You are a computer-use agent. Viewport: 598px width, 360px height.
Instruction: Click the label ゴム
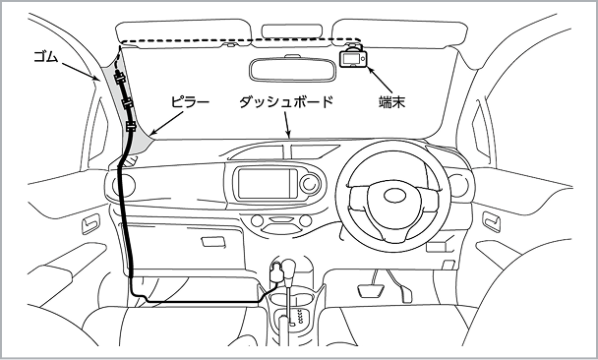pyautogui.click(x=46, y=57)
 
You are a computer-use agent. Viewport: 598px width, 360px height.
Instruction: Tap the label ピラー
pyautogui.click(x=190, y=102)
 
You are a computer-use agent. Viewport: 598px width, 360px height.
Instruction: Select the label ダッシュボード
pyautogui.click(x=286, y=102)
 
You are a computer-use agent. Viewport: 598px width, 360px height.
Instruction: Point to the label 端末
pyautogui.click(x=391, y=102)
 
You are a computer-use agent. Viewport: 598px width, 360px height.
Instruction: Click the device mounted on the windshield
pyautogui.click(x=353, y=58)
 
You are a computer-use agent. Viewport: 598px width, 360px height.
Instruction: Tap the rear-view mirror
pyautogui.click(x=292, y=70)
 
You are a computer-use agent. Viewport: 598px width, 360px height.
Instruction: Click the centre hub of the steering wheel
pyautogui.click(x=395, y=196)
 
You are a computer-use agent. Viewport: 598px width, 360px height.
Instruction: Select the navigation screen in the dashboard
pyautogui.click(x=267, y=184)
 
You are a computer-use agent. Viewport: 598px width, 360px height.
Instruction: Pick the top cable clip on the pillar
pyautogui.click(x=119, y=79)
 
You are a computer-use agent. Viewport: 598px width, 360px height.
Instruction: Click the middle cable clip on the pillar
pyautogui.click(x=127, y=102)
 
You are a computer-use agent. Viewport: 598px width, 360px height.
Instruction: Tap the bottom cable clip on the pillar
pyautogui.click(x=130, y=126)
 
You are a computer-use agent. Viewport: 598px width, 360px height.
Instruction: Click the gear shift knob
pyautogui.click(x=290, y=268)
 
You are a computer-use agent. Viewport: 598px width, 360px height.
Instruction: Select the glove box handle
pyautogui.click(x=212, y=242)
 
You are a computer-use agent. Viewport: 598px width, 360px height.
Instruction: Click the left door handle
pyautogui.click(x=91, y=224)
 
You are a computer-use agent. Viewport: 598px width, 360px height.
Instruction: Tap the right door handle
pyautogui.click(x=491, y=221)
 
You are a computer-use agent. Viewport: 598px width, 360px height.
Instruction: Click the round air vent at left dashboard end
pyautogui.click(x=124, y=185)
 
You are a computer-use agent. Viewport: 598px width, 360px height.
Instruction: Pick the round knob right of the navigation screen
pyautogui.click(x=310, y=183)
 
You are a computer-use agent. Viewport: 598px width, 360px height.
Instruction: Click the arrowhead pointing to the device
pyautogui.click(x=370, y=71)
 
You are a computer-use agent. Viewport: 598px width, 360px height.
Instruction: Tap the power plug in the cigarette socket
pyautogui.click(x=275, y=271)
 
